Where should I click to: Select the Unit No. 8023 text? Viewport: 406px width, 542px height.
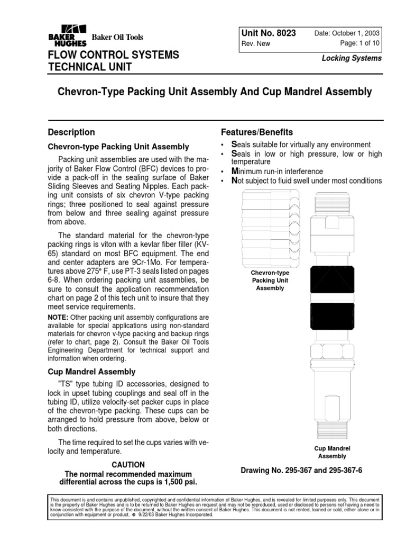(x=268, y=33)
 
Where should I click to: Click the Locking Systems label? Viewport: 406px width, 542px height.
(x=352, y=58)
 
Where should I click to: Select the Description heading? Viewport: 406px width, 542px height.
(x=71, y=132)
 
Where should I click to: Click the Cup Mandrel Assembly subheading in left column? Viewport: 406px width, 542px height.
(x=91, y=372)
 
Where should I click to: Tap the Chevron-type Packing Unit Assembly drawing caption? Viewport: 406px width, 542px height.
(x=270, y=281)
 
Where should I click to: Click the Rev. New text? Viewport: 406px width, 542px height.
(x=255, y=44)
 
